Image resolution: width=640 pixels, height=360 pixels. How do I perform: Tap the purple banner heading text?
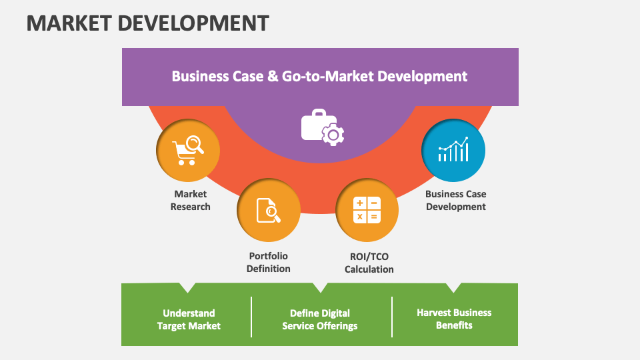pos(319,76)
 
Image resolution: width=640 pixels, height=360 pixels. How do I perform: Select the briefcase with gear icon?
pos(322,127)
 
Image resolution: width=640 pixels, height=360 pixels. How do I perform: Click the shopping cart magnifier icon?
pos(188,150)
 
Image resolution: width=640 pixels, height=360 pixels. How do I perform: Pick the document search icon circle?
pos(269,210)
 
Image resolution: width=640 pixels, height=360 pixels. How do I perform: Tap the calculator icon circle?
pos(367,210)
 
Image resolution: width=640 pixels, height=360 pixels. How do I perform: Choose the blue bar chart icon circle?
pos(453,151)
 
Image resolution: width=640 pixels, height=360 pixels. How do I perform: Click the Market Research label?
pos(190,200)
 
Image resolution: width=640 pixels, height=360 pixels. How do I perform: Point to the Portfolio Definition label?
pos(268,262)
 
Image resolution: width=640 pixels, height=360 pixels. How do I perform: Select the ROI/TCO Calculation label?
pos(369,263)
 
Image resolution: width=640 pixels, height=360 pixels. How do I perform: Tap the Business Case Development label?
pos(456,200)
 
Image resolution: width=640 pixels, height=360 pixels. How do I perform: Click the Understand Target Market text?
pos(189,319)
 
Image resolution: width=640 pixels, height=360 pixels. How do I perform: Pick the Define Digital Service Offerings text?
pos(320,319)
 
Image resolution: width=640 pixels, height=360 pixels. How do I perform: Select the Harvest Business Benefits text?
pos(454,319)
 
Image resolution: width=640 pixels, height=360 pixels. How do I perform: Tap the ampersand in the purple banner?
pos(273,76)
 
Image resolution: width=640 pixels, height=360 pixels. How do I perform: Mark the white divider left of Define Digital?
pos(251,317)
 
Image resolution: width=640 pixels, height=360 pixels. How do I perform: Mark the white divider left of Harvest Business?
pos(392,317)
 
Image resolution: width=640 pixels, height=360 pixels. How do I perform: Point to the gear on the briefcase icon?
pos(333,135)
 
